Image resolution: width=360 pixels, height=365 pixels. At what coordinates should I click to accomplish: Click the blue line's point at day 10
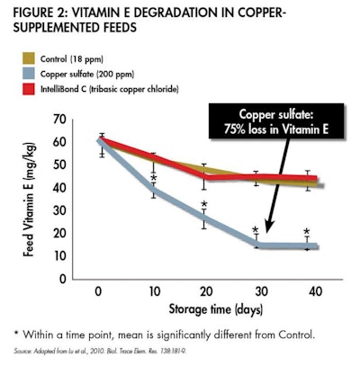153,191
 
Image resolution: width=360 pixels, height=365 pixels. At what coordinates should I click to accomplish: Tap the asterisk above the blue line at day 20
204,206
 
